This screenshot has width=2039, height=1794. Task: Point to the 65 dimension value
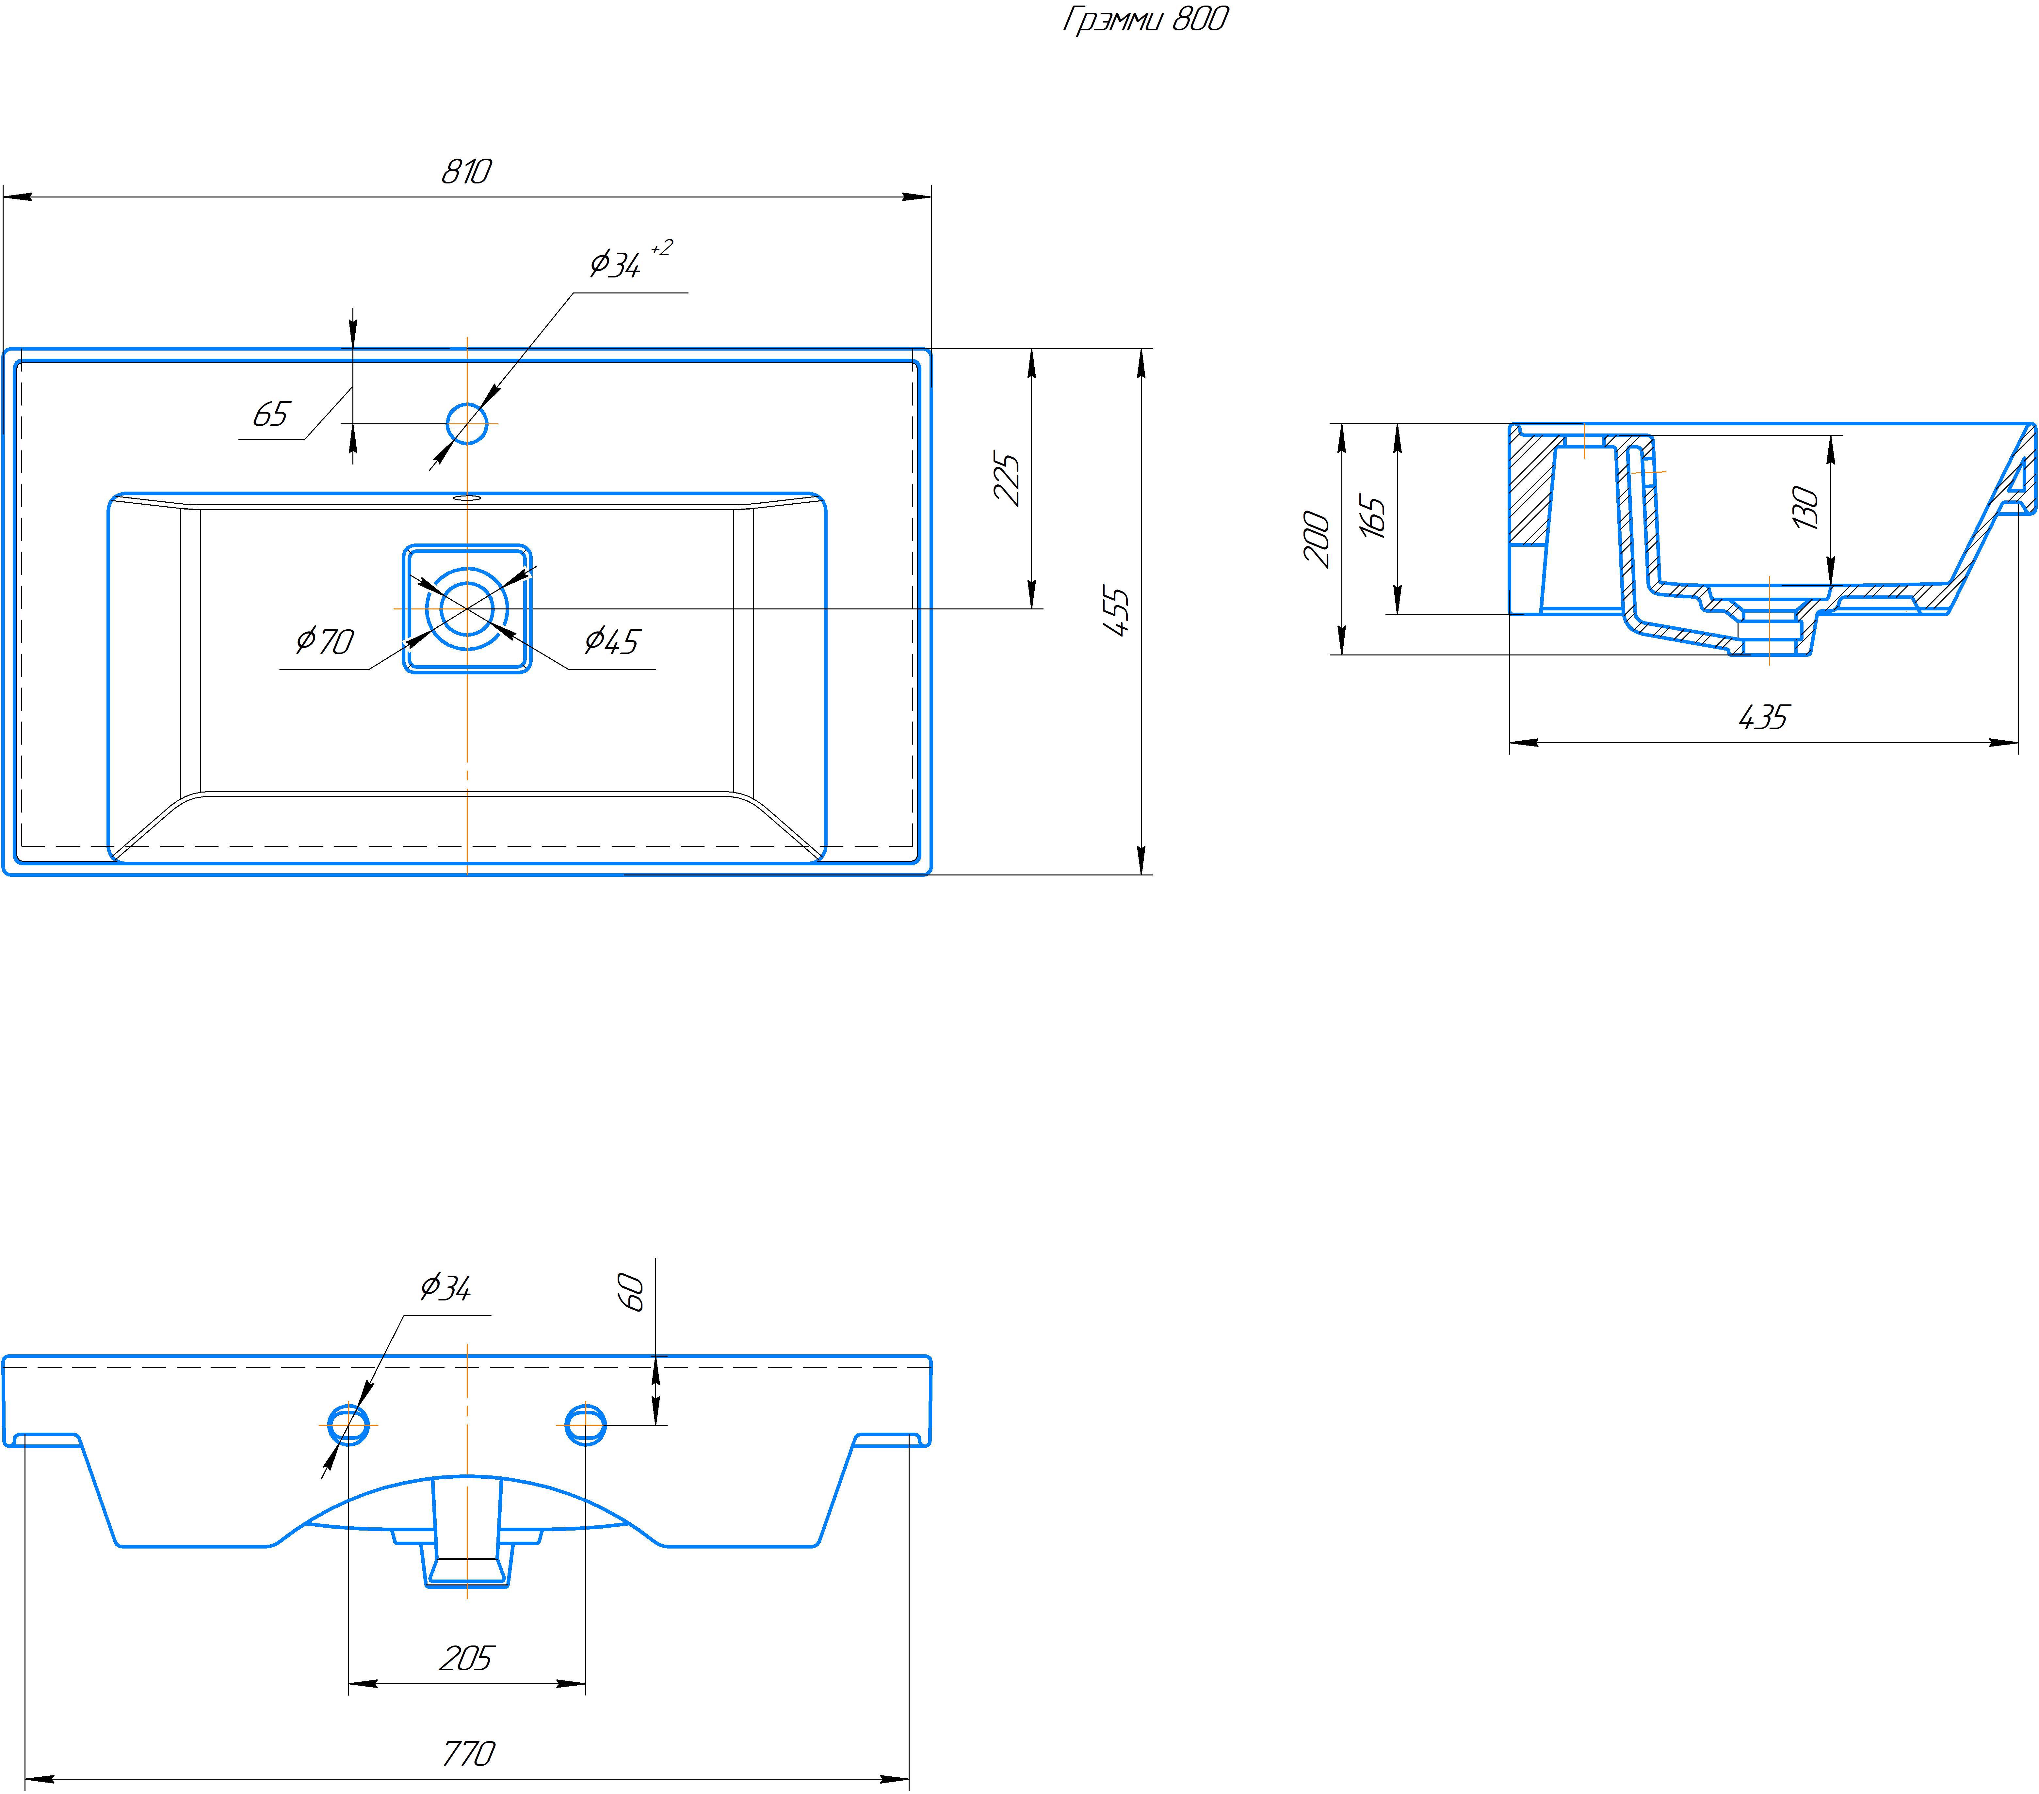point(270,414)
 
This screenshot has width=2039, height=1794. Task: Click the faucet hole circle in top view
point(467,424)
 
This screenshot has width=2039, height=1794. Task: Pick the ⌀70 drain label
point(325,640)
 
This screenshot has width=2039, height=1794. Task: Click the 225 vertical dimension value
point(1008,480)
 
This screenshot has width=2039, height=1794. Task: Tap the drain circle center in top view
point(467,608)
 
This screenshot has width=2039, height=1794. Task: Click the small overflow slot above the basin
point(467,496)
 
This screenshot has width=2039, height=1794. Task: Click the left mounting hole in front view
point(348,1425)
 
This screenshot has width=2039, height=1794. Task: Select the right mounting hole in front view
point(586,1425)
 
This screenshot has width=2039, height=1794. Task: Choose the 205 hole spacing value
point(466,1659)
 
